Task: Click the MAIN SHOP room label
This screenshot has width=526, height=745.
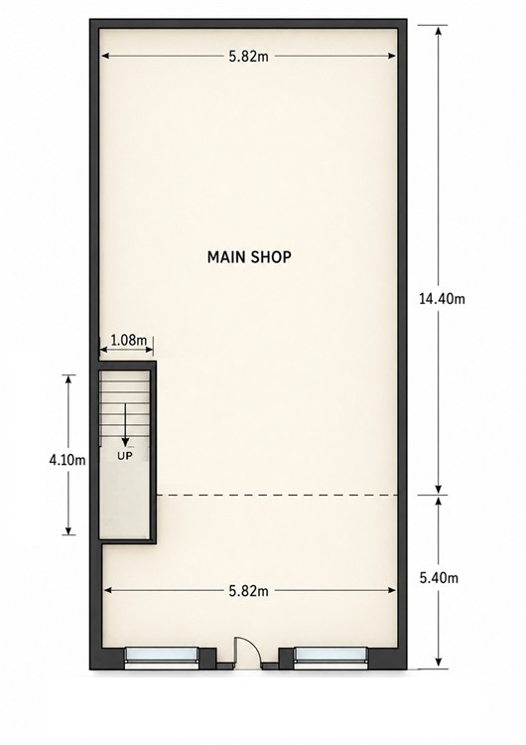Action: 249,257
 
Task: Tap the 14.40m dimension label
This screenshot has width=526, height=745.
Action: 442,299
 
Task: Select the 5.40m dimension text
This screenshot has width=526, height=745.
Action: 439,578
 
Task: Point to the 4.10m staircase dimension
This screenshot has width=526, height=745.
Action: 67,460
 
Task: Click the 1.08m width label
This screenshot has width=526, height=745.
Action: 128,340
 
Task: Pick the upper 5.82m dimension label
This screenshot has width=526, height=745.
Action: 249,57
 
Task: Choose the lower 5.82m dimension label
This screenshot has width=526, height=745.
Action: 249,591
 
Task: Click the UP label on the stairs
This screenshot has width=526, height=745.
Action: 125,456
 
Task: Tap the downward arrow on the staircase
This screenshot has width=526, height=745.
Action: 125,424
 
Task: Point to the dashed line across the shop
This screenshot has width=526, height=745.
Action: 277,496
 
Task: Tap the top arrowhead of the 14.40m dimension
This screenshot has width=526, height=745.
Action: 439,30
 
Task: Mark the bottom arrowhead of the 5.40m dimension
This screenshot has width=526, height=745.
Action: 439,663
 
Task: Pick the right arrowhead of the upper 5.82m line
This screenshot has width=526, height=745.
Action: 392,56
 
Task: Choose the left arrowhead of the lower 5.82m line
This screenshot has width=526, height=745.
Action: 108,591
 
